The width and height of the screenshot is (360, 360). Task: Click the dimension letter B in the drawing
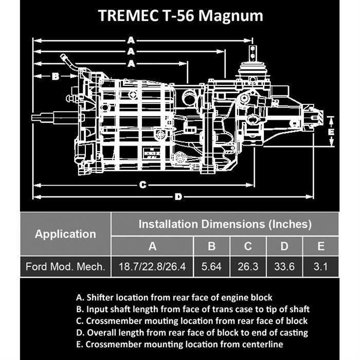coord(56,76)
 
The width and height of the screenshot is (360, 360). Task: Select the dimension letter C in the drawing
coord(143,185)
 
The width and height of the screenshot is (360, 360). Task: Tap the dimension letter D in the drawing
coord(178,196)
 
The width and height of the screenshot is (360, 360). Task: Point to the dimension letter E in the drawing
coord(332,131)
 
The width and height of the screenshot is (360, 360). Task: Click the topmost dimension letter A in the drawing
coord(131,40)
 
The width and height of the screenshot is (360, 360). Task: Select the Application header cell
coord(65,234)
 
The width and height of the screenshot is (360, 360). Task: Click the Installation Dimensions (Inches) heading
coord(225,224)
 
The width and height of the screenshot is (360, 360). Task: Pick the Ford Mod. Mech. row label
coord(65,267)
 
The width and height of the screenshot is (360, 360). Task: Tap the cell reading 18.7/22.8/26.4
coord(152,267)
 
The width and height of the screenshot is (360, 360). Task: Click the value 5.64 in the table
coord(211,267)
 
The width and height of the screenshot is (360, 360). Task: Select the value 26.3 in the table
coord(248,267)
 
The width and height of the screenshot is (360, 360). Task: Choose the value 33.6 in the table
coord(284,267)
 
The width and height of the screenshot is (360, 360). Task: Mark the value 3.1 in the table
coord(321,267)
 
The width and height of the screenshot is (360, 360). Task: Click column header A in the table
coord(152,246)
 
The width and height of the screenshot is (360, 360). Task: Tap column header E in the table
coord(321,246)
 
